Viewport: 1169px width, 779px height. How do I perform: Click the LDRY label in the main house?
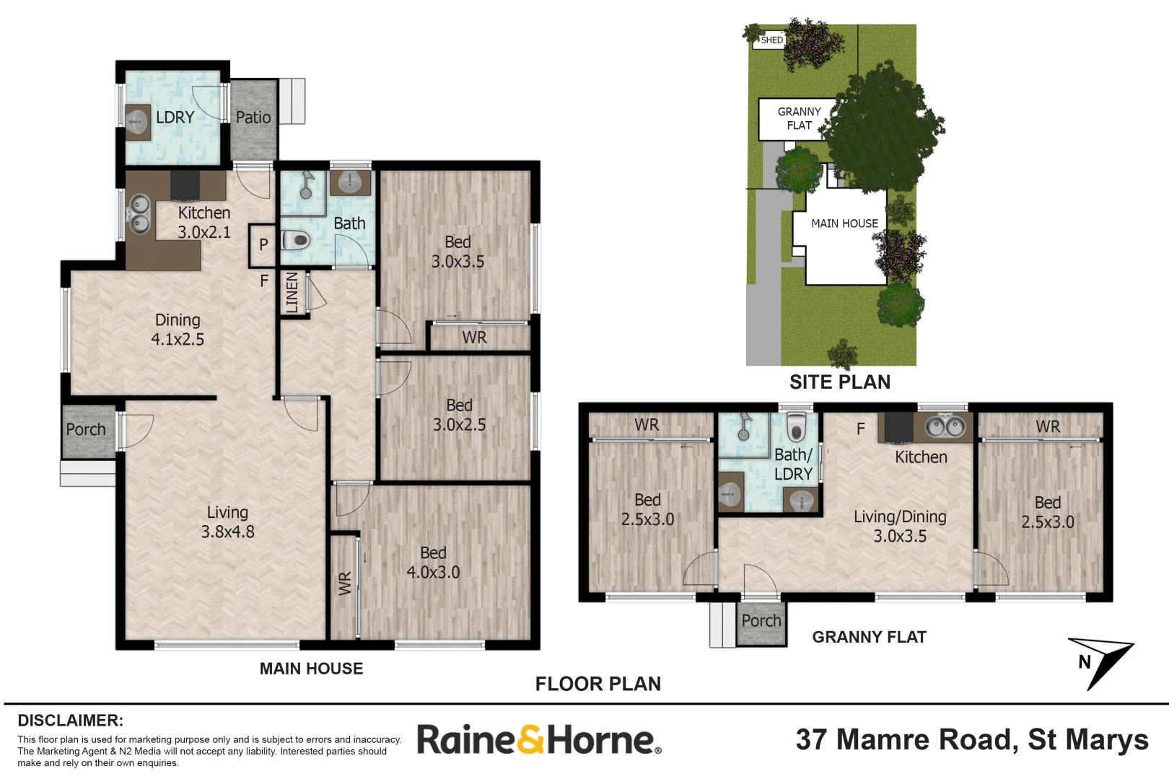(x=175, y=117)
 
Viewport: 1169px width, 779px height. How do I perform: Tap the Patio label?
(x=253, y=118)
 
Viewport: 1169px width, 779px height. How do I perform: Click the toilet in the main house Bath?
(x=296, y=239)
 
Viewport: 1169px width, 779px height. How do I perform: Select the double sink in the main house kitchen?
(x=139, y=214)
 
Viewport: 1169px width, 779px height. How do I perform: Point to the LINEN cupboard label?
(x=292, y=292)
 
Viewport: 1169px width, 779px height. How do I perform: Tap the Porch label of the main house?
(x=86, y=430)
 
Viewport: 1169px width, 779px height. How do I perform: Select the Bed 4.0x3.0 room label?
(x=433, y=563)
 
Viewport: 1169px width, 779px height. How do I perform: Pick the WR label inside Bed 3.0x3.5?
(x=474, y=338)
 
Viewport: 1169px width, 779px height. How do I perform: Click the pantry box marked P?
(x=263, y=245)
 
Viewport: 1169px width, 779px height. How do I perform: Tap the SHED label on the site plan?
(x=771, y=40)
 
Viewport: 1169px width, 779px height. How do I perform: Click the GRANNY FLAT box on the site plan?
(x=799, y=119)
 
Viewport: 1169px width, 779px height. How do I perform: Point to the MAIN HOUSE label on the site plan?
(x=844, y=224)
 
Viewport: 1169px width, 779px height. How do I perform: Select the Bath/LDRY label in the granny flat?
(x=793, y=465)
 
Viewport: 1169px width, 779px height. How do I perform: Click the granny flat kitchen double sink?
(x=945, y=427)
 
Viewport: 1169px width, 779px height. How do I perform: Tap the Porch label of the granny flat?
(x=761, y=621)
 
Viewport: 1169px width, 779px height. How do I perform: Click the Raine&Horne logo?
(x=538, y=740)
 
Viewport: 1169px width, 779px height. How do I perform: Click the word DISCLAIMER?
(x=70, y=720)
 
